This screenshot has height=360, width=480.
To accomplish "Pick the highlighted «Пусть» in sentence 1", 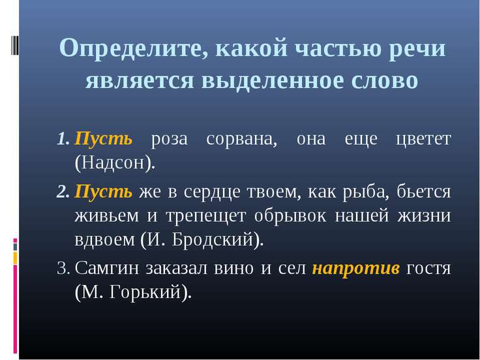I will point(104,140).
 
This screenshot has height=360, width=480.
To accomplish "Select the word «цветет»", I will point(425,140).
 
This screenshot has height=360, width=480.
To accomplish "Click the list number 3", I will point(63,268).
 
